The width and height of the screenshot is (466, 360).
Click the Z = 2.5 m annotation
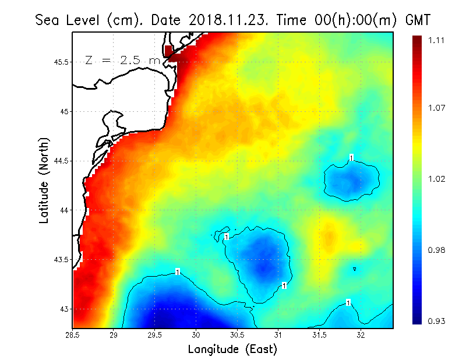122,60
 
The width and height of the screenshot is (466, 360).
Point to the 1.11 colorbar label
437,40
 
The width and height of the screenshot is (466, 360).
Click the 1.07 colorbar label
437,108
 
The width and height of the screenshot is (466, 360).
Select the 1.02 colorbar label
437,179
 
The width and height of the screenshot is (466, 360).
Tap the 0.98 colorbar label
437,250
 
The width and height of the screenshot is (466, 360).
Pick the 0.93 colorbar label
437,321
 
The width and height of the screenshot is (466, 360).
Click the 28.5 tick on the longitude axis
73,335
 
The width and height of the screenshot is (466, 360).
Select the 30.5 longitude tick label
237,335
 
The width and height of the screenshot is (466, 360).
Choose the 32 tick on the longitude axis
361,335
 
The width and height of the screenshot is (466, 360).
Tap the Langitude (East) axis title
232,349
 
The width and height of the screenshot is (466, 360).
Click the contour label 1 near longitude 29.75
177,271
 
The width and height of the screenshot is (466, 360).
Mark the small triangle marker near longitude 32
354,269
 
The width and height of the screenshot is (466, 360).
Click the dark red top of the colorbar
417,41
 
